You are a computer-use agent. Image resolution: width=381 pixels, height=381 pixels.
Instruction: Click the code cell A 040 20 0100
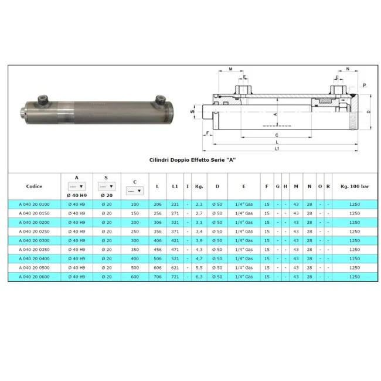34,205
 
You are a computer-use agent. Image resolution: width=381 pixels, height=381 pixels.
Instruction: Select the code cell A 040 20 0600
34,277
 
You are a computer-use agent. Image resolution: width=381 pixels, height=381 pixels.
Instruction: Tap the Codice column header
34,186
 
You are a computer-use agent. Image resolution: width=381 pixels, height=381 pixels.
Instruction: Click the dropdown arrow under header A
81,186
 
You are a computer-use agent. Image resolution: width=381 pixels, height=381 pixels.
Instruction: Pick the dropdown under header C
135,191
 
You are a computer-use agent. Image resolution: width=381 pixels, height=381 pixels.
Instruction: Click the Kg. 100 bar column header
355,186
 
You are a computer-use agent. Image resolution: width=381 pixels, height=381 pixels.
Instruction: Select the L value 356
158,232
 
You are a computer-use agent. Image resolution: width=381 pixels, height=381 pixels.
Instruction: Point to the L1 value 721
175,277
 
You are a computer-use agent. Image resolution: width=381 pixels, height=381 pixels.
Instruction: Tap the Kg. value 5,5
199,268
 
